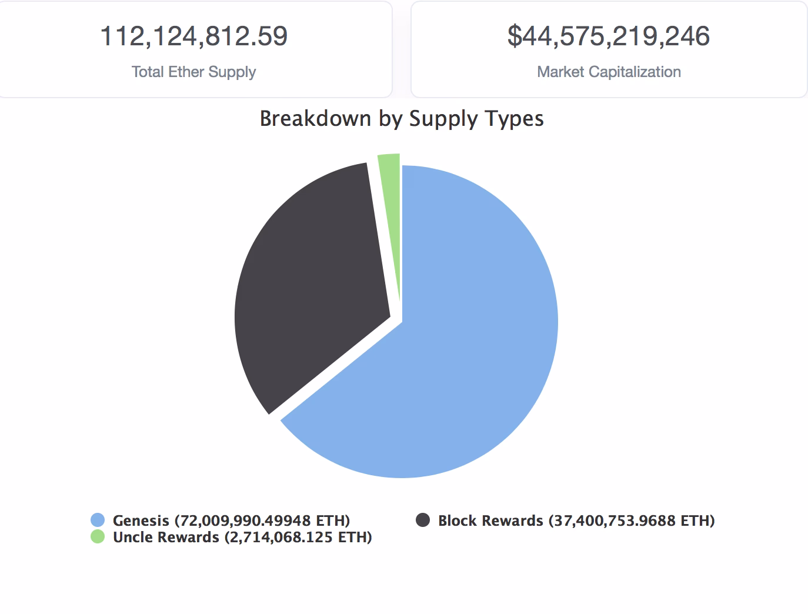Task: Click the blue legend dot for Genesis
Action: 98,520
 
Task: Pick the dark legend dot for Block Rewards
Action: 423,520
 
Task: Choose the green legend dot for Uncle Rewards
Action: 98,536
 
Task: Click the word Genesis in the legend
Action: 141,520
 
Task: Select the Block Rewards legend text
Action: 490,520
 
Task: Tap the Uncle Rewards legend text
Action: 166,537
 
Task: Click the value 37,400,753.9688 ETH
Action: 632,520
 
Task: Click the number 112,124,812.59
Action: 194,36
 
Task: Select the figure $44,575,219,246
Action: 609,36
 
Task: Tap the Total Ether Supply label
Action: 194,72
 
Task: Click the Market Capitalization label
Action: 609,72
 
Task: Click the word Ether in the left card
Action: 186,72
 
